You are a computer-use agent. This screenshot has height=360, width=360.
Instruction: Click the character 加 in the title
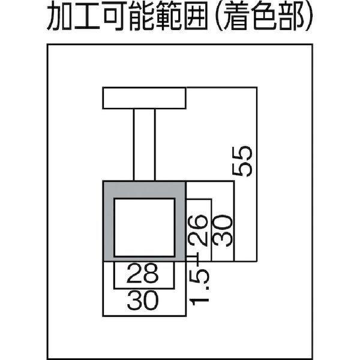[x=64, y=20]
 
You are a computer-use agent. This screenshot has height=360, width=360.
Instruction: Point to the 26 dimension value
[x=199, y=230]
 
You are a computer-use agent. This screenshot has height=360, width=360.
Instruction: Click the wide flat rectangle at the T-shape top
[x=144, y=98]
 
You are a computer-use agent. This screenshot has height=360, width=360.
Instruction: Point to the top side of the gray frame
[x=144, y=188]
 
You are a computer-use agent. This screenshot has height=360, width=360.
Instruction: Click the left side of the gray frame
[x=109, y=222]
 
